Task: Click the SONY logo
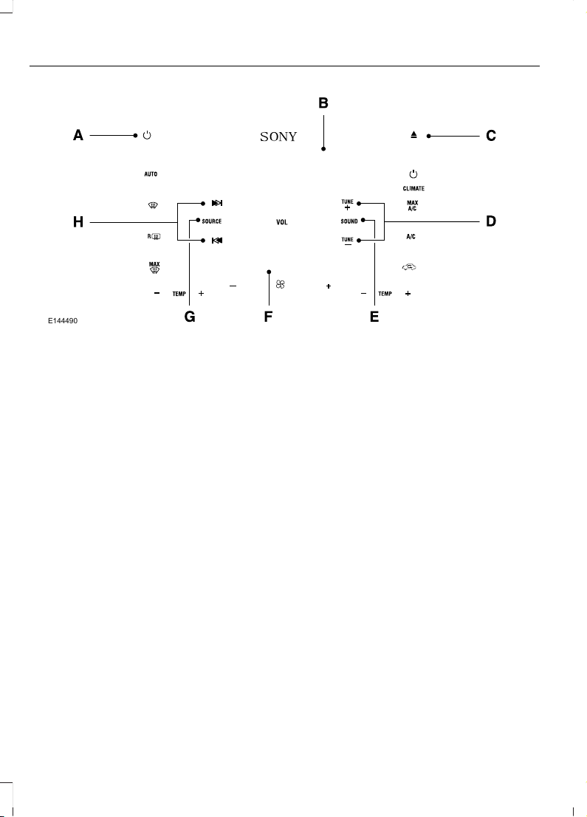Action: pyautogui.click(x=278, y=137)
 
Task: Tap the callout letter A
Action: pyautogui.click(x=78, y=136)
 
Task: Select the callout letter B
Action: pyautogui.click(x=323, y=103)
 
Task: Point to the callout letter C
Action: pyautogui.click(x=491, y=136)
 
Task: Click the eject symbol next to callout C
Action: pyautogui.click(x=414, y=135)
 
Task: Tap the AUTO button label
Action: pyautogui.click(x=151, y=174)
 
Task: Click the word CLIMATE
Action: pyautogui.click(x=413, y=189)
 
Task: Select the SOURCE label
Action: pyautogui.click(x=212, y=221)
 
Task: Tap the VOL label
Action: pyautogui.click(x=281, y=222)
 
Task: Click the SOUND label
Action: pyautogui.click(x=349, y=221)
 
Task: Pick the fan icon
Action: pyautogui.click(x=280, y=284)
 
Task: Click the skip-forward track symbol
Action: pyautogui.click(x=217, y=203)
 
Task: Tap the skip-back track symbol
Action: pyautogui.click(x=217, y=241)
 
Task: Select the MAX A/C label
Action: pyautogui.click(x=412, y=206)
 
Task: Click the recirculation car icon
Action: pyautogui.click(x=409, y=267)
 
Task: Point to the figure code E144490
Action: pyautogui.click(x=63, y=321)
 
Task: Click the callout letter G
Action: pyautogui.click(x=190, y=317)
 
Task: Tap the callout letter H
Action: pyautogui.click(x=78, y=222)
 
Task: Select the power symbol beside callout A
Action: pyautogui.click(x=147, y=135)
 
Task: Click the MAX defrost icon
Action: pyautogui.click(x=154, y=268)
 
